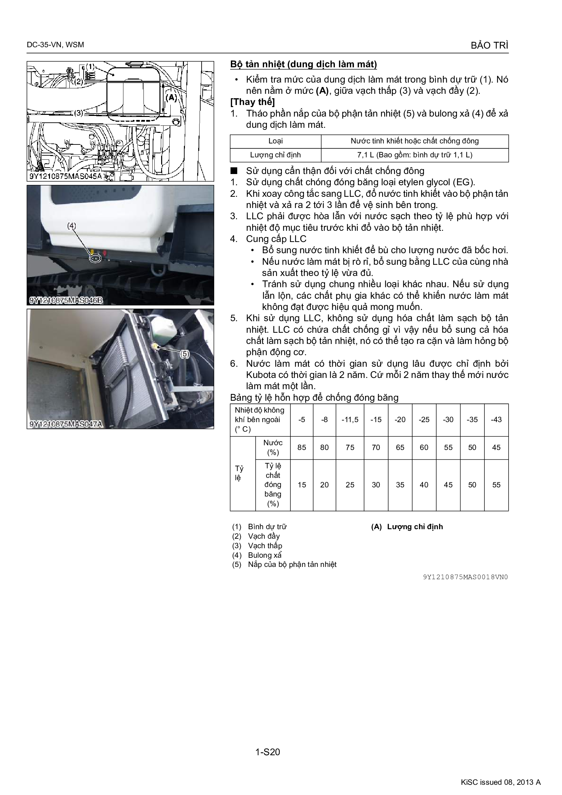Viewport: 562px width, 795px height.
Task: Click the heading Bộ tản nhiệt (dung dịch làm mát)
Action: (303, 64)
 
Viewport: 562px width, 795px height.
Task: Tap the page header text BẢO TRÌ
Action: (490, 45)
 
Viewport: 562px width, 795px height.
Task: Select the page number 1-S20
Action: (268, 752)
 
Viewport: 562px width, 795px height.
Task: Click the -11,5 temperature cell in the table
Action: (350, 420)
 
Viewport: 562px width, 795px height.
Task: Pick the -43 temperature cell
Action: (496, 420)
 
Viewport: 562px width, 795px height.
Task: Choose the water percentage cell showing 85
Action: (302, 447)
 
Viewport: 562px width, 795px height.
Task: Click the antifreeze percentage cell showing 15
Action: (302, 485)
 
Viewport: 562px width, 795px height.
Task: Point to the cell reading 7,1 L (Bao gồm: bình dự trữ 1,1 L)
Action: (414, 155)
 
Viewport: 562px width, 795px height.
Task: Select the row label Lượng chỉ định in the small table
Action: (275, 155)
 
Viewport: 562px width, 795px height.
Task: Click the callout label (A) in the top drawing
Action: (171, 97)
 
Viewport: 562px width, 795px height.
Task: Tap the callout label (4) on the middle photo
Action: (71, 226)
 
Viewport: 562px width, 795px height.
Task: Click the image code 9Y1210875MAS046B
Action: (66, 300)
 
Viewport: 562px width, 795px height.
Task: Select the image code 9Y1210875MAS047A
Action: (66, 424)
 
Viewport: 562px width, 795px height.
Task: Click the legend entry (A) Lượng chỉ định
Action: (407, 526)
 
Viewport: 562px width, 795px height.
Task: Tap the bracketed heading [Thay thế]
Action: (252, 102)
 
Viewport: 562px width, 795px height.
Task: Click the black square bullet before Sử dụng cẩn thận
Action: (235, 170)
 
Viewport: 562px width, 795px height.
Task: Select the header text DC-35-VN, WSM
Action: (55, 45)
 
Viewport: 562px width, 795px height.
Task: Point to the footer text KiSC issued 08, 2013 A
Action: (501, 782)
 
